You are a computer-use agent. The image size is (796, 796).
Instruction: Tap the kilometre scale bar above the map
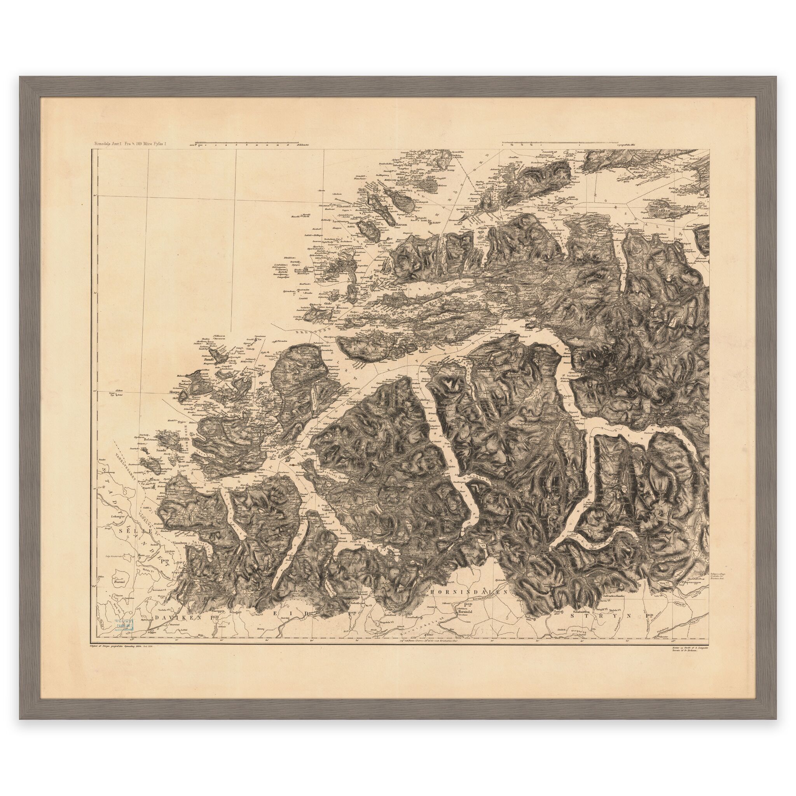click(x=247, y=144)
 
